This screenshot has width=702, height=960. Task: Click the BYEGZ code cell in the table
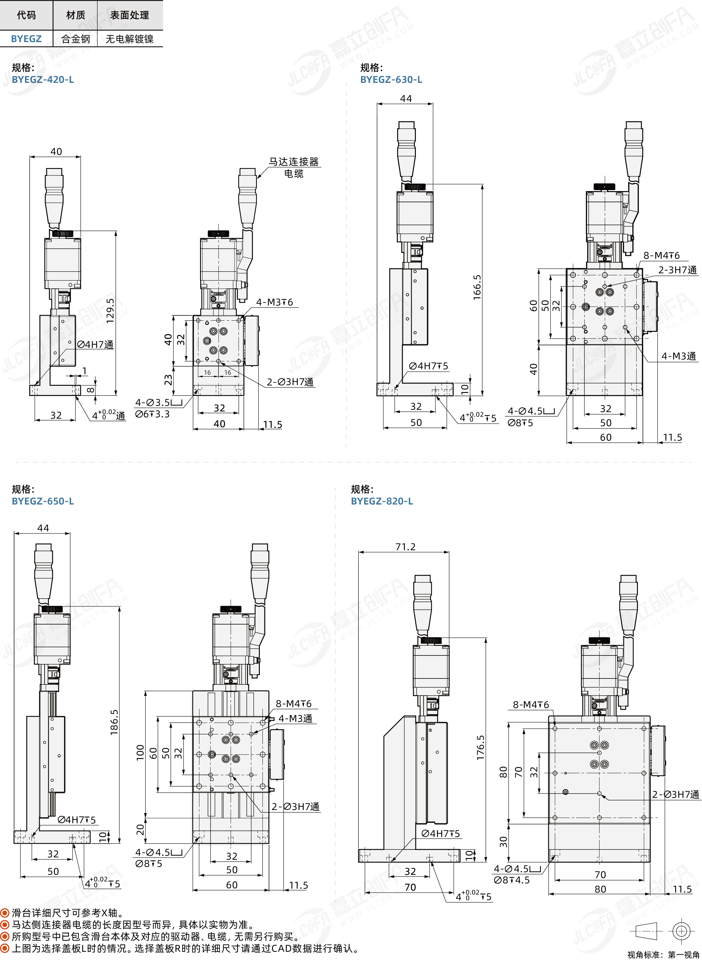click(x=26, y=39)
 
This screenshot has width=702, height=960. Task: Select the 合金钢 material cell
click(x=76, y=39)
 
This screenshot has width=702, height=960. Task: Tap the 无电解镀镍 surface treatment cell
click(x=130, y=39)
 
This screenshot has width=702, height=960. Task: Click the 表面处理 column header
click(x=130, y=15)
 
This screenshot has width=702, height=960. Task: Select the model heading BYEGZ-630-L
click(x=391, y=80)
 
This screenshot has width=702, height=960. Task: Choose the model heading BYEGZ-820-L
click(x=382, y=501)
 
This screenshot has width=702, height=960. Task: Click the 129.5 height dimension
click(x=110, y=310)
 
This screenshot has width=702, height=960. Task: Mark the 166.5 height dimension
click(x=477, y=287)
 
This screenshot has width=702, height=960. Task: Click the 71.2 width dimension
click(x=405, y=547)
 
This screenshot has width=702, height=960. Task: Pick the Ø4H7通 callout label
click(x=95, y=345)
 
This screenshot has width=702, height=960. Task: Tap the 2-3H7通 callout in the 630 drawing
click(x=677, y=270)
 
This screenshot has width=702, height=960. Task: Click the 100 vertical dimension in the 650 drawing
click(x=140, y=752)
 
